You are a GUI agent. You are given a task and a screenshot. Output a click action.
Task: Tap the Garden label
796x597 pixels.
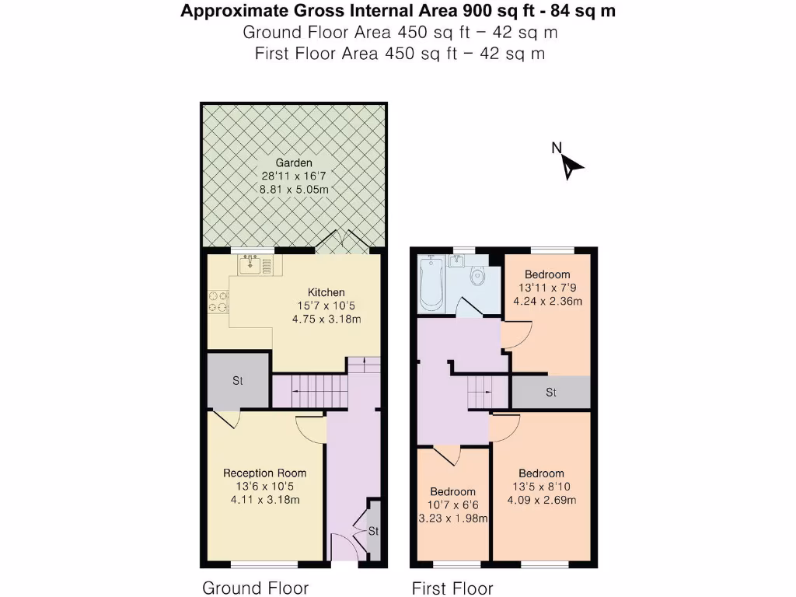[x=294, y=163]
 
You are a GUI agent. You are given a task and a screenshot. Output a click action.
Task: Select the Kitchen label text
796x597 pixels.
[x=326, y=292]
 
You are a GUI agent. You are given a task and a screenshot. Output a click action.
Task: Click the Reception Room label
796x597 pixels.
[x=265, y=473]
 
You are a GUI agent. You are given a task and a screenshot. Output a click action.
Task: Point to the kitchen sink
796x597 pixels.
[x=251, y=264]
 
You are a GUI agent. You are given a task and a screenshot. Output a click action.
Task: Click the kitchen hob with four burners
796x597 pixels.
[x=218, y=301]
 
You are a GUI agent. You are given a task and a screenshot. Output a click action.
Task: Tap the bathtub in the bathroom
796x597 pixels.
[x=431, y=283]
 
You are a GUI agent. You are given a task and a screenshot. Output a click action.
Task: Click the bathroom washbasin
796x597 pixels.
[x=457, y=261]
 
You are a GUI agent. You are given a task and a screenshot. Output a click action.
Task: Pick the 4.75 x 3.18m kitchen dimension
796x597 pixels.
[x=326, y=319]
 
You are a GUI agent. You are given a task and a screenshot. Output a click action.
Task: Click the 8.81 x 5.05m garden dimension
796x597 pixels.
[x=294, y=190]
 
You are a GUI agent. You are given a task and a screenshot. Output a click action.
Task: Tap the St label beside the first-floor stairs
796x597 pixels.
[x=551, y=393]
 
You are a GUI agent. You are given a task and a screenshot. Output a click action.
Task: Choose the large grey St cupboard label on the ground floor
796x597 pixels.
[x=238, y=380]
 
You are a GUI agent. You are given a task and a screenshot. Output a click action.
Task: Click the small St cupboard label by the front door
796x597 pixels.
[x=374, y=531]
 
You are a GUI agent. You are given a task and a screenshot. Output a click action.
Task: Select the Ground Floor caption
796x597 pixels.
[x=255, y=588]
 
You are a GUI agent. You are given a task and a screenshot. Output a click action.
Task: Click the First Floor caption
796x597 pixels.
[x=452, y=588]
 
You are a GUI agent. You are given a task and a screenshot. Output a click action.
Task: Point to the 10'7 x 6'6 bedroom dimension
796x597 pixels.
[x=453, y=505]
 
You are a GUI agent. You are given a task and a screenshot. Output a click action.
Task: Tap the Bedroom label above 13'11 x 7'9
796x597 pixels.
[x=547, y=274]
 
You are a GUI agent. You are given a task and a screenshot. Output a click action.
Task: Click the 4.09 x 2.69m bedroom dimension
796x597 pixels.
[x=542, y=500]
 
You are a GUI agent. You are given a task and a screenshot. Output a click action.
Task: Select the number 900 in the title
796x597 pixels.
[x=473, y=11]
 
